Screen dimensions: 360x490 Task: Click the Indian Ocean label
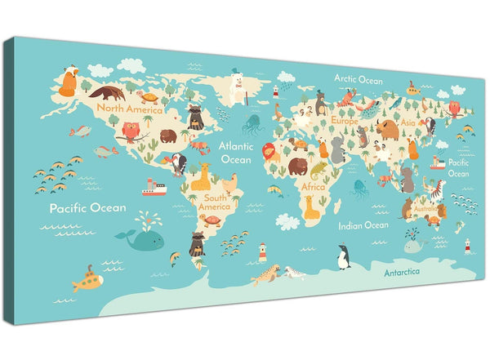[363, 224]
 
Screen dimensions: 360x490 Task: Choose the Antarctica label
[408, 272]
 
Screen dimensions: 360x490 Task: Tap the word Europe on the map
[344, 121]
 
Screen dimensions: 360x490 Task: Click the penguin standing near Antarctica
[344, 257]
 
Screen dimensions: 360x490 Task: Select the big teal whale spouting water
[141, 237]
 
